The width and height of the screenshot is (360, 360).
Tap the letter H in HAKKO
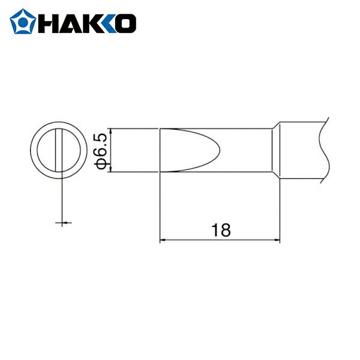pos(48,23)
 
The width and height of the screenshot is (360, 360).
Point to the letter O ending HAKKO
pos(124,23)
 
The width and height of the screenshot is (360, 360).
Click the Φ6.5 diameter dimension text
pos(101,150)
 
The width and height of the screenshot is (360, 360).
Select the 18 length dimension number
pos(220,230)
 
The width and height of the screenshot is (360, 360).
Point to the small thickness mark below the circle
pos(62,223)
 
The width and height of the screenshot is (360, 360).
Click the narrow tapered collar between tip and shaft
pos(276,150)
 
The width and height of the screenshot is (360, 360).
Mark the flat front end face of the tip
pos(160,150)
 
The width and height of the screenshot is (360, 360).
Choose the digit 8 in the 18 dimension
pos(225,230)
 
